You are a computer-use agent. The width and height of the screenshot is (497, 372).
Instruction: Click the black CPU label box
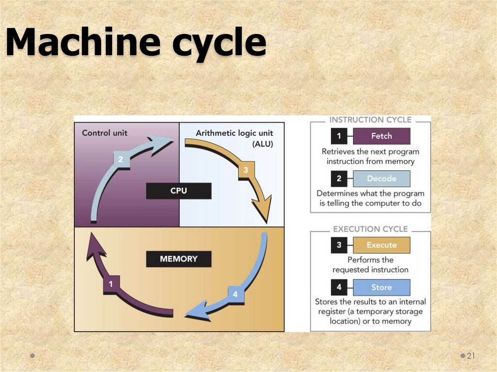pos(179,191)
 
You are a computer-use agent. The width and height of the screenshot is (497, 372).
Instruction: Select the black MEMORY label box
pos(179,259)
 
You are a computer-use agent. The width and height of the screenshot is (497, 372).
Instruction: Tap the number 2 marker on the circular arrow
pos(121,159)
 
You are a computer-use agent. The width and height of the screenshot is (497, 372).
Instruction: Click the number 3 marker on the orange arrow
pos(246,170)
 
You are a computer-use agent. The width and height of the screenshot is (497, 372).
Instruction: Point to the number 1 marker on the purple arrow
pos(111,284)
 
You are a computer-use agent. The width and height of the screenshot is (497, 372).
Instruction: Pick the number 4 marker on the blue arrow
pos(235,294)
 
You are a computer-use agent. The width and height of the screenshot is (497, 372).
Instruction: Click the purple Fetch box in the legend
pos(381,136)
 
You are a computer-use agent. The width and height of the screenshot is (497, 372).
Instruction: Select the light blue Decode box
pos(381,178)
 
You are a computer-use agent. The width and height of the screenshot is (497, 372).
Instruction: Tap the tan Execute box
pos(381,245)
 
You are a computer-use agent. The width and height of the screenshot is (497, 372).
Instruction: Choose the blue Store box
pos(381,287)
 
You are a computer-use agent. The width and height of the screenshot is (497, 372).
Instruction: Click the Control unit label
pos(105,132)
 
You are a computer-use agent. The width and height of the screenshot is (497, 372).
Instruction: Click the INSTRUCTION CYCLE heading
pos(370,120)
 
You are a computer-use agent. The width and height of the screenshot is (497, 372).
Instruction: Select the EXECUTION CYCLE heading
pos(370,229)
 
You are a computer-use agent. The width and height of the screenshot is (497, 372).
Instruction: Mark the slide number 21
pos(470,356)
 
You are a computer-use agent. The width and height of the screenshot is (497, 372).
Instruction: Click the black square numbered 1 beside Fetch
pos(339,136)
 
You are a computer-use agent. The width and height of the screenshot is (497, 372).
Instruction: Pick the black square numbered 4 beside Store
pos(339,287)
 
